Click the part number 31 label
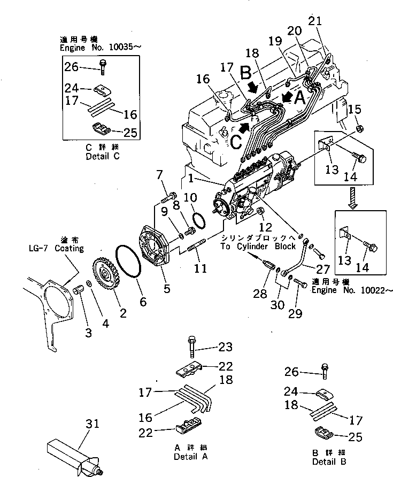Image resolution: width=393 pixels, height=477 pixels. [92, 424]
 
